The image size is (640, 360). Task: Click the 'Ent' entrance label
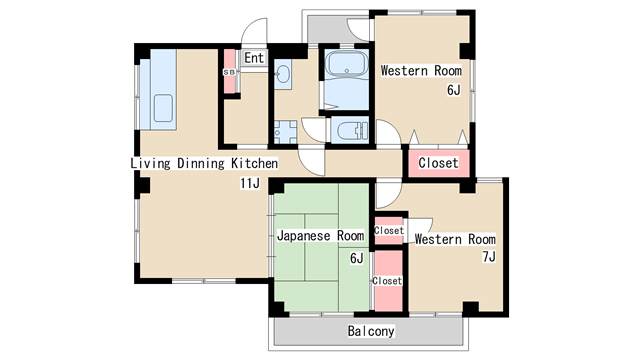(x=254, y=58)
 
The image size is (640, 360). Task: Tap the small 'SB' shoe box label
(x=229, y=72)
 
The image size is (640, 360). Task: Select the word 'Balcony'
(x=371, y=331)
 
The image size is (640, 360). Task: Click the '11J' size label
(x=249, y=183)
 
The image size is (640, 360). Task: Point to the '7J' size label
(x=489, y=257)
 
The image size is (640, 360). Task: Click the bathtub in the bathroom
(x=346, y=64)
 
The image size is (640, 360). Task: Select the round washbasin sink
(x=282, y=75)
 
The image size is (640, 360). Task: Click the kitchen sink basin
(x=163, y=108)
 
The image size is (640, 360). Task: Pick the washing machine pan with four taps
(x=285, y=132)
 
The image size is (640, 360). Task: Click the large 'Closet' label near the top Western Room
(x=438, y=163)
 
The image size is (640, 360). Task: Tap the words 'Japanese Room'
(x=321, y=236)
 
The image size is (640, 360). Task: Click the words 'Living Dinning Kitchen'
(x=204, y=163)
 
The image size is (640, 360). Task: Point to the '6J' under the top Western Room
(x=453, y=90)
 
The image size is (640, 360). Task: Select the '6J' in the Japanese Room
(x=356, y=258)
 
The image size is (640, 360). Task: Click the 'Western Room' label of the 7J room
(x=455, y=239)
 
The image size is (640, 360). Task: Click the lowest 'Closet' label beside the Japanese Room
(x=387, y=281)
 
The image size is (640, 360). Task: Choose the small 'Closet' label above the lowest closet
(x=389, y=230)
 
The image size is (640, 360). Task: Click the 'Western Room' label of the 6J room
(x=421, y=70)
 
